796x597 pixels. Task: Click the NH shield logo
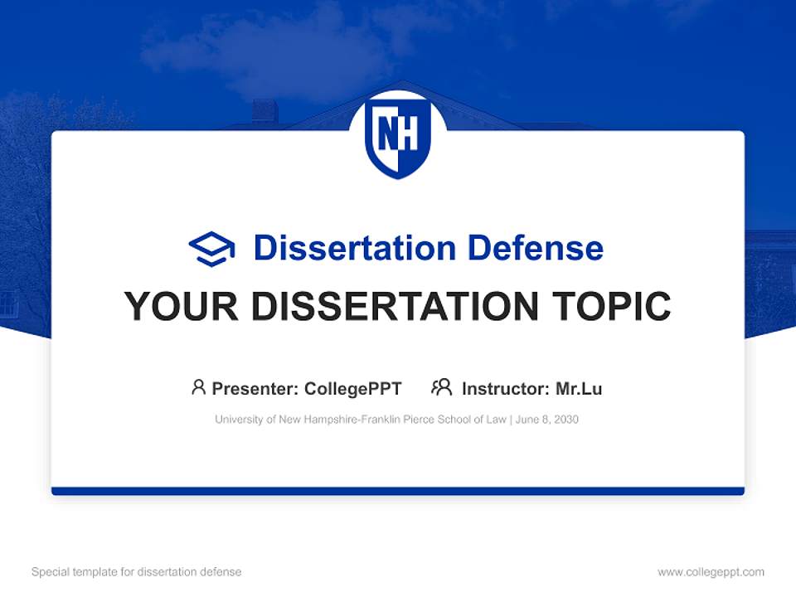(x=398, y=137)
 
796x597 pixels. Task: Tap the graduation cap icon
(x=211, y=249)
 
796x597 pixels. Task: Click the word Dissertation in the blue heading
(x=354, y=248)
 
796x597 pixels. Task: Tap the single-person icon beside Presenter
(x=198, y=387)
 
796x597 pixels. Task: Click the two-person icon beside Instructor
(x=441, y=387)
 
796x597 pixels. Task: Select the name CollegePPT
(x=352, y=388)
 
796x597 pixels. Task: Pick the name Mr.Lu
(x=579, y=388)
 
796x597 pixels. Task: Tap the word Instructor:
(x=505, y=388)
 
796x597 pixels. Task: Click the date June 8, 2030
(x=547, y=420)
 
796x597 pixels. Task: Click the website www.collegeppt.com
(x=711, y=572)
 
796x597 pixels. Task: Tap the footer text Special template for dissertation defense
(x=136, y=572)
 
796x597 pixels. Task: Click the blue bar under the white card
(x=398, y=491)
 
